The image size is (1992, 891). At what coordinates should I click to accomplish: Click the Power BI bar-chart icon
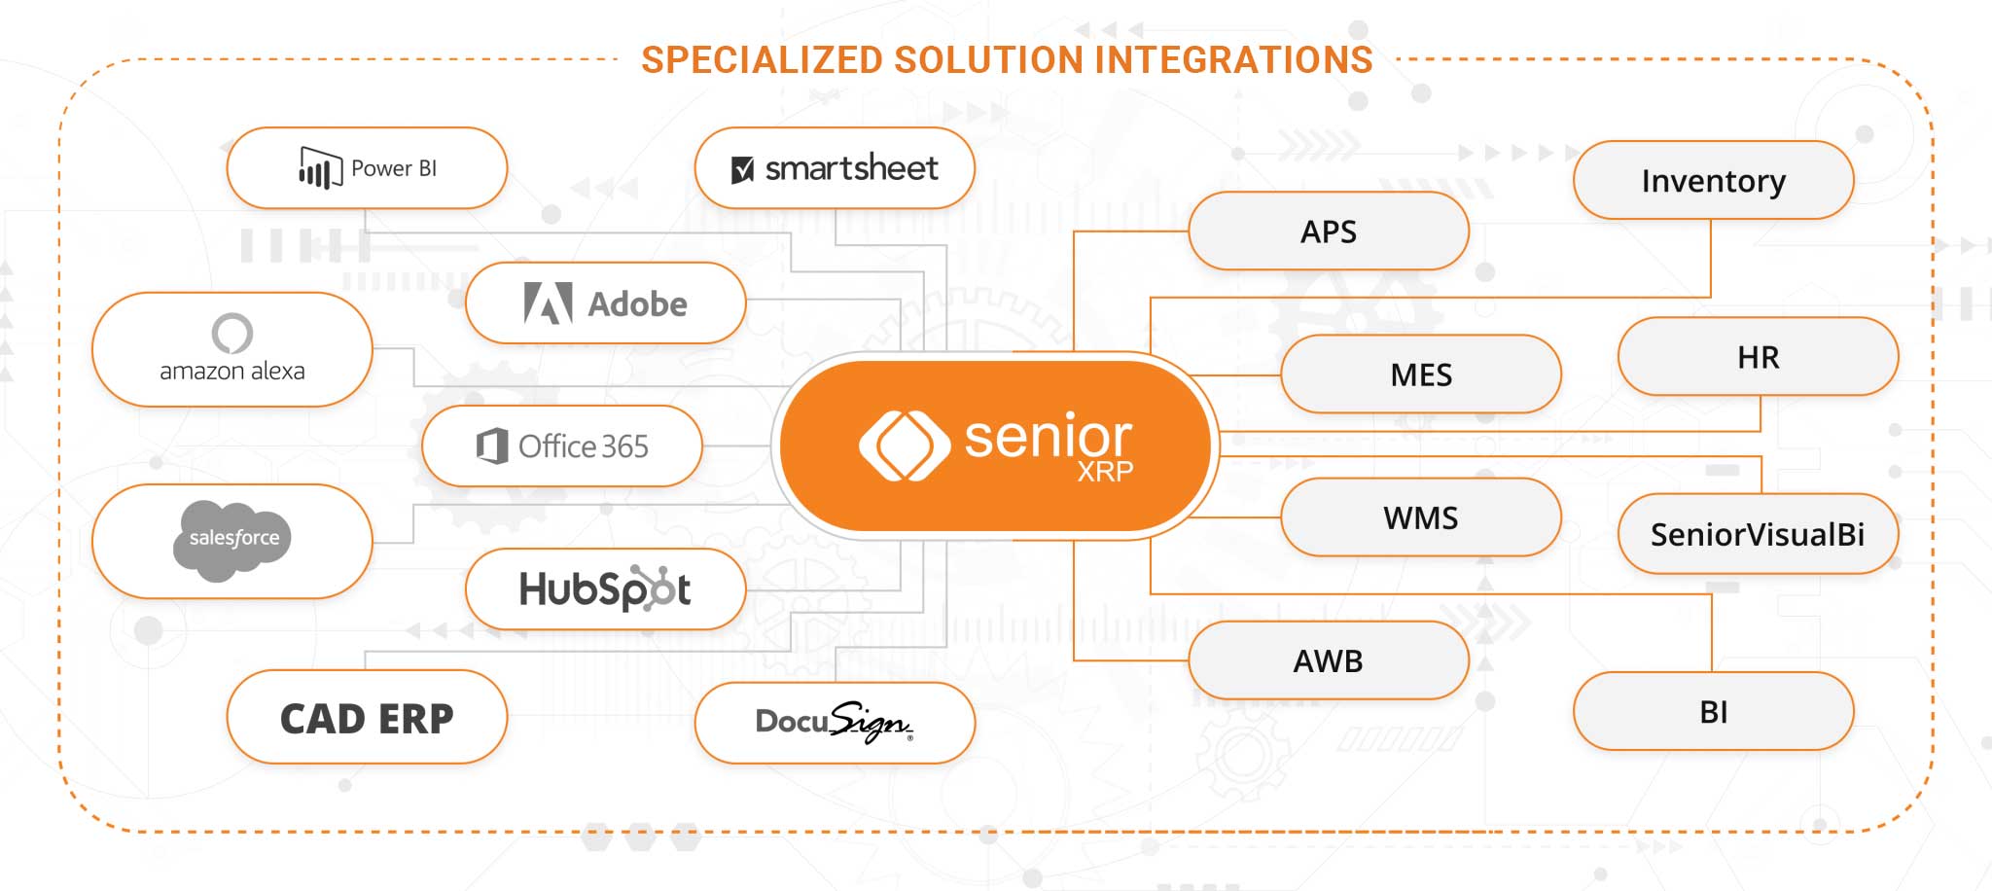[x=319, y=167]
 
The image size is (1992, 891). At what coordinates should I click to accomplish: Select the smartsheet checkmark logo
[x=742, y=170]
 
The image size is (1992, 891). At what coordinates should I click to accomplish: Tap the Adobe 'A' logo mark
[x=548, y=303]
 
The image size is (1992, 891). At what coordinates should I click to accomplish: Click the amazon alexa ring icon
[x=232, y=334]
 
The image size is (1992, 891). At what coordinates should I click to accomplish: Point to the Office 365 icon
[x=492, y=446]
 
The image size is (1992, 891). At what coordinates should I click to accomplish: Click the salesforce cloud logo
[x=232, y=540]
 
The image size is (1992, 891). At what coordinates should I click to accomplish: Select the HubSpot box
[x=605, y=589]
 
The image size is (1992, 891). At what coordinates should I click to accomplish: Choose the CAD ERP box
[x=367, y=718]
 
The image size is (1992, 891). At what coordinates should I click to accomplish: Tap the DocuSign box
[x=835, y=723]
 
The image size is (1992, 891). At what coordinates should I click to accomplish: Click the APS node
[x=1328, y=232]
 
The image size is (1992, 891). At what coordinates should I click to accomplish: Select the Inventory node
[x=1713, y=181]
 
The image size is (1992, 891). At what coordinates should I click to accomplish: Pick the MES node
[x=1420, y=374]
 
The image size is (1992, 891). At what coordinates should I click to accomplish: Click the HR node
[x=1758, y=357]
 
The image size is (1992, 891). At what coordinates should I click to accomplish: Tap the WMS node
[x=1420, y=517]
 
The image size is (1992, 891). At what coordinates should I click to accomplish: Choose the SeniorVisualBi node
[x=1757, y=534]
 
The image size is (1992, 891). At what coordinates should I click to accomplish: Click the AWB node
[x=1328, y=660]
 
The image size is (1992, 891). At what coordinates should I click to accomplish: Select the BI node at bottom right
[x=1713, y=712]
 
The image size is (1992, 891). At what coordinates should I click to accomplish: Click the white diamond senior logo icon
[x=904, y=446]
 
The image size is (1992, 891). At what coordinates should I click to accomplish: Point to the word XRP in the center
[x=1105, y=472]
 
